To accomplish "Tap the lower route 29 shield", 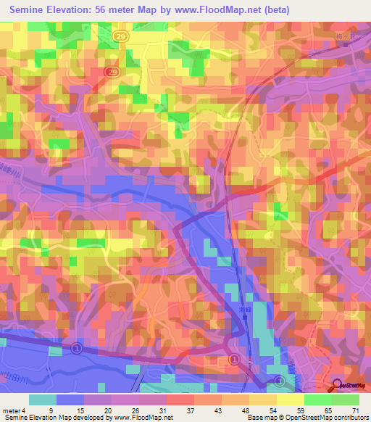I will (x=112, y=72).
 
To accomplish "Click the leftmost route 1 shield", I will (x=76, y=348).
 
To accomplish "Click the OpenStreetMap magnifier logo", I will (x=338, y=386).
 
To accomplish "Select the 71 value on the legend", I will (x=354, y=410).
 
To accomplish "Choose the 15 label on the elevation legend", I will (x=79, y=410).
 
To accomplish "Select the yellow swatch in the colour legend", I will (x=291, y=400).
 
